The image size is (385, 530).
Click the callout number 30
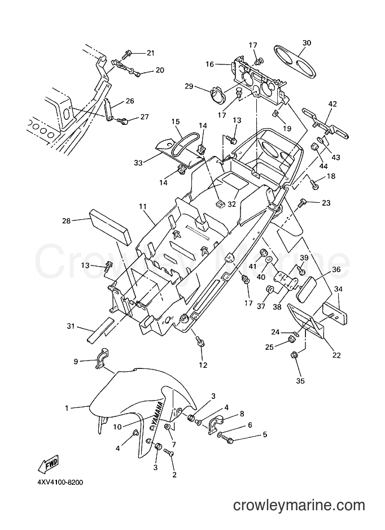pyautogui.click(x=307, y=43)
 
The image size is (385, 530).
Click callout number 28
pyautogui.click(x=66, y=221)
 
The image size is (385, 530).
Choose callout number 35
pyautogui.click(x=300, y=381)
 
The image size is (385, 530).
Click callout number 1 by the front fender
pyautogui.click(x=67, y=409)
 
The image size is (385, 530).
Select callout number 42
pyautogui.click(x=333, y=104)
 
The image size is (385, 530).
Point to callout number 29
pyautogui.click(x=189, y=86)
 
